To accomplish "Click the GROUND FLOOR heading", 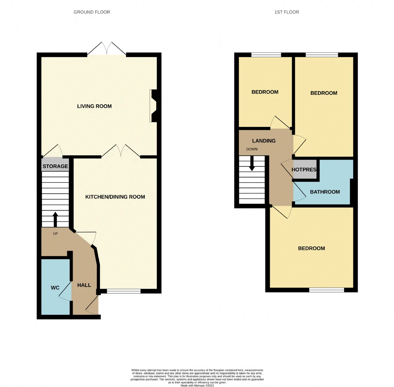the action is pyautogui.click(x=92, y=12).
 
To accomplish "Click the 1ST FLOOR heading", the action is pyautogui.click(x=287, y=12).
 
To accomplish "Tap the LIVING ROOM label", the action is pyautogui.click(x=94, y=106).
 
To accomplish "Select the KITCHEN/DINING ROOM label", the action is pyautogui.click(x=115, y=197).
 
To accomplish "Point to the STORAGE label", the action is pyautogui.click(x=55, y=166).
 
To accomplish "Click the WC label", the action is pyautogui.click(x=55, y=288).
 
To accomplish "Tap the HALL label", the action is pyautogui.click(x=84, y=285).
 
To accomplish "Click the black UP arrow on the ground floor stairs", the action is pyautogui.click(x=55, y=220).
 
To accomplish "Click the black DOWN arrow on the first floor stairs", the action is pyautogui.click(x=252, y=163).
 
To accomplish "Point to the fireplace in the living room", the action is pyautogui.click(x=154, y=106).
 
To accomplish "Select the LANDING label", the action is pyautogui.click(x=264, y=141).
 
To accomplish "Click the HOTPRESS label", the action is pyautogui.click(x=304, y=170).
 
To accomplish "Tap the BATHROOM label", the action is pyautogui.click(x=325, y=192).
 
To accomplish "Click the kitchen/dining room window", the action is pyautogui.click(x=124, y=291).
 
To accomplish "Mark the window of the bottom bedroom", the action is pyautogui.click(x=327, y=290).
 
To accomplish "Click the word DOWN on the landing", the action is pyautogui.click(x=252, y=149).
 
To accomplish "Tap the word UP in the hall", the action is pyautogui.click(x=55, y=234).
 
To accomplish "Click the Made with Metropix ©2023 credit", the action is pyautogui.click(x=197, y=385).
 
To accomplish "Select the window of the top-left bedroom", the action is pyautogui.click(x=266, y=54).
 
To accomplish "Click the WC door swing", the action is pyautogui.click(x=65, y=291).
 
